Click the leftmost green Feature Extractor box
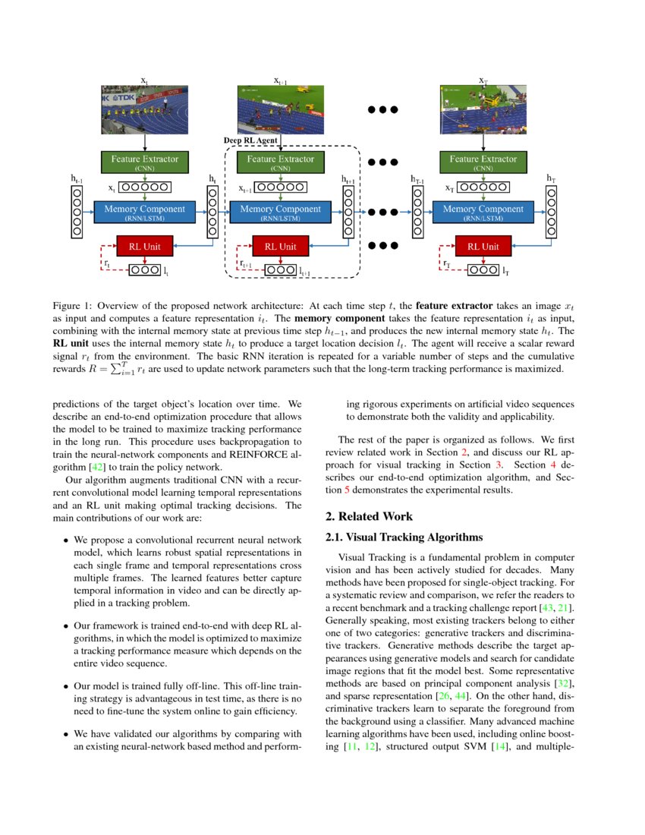click(x=144, y=162)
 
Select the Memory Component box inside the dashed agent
click(x=280, y=212)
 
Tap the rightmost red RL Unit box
click(x=483, y=246)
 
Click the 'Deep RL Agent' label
click(x=250, y=140)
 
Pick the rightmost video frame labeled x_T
click(x=483, y=109)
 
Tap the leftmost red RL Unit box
click(x=144, y=246)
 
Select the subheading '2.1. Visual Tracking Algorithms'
click(x=404, y=537)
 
